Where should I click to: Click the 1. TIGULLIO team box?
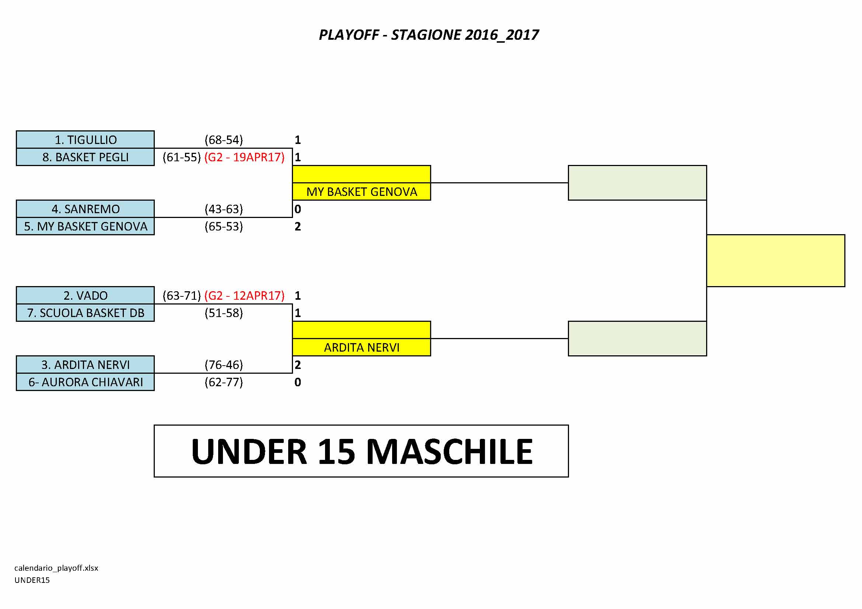(85, 140)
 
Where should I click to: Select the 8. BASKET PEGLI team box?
(85, 157)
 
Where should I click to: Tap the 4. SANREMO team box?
(85, 209)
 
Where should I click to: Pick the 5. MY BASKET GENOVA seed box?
(85, 226)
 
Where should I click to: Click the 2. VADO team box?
(85, 296)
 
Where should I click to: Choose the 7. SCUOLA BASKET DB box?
(85, 313)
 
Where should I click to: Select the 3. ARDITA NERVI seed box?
(85, 365)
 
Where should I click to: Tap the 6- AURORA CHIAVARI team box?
(85, 382)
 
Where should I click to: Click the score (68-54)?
(224, 140)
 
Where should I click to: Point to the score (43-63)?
(224, 209)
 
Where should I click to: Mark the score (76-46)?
(224, 365)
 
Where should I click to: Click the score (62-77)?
(224, 382)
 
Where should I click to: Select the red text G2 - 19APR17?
(244, 157)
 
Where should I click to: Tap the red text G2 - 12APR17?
(244, 296)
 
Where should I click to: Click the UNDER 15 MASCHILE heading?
(362, 451)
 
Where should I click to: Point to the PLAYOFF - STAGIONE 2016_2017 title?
(429, 35)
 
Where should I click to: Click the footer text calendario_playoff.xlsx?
(56, 568)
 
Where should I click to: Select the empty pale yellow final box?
(776, 261)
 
